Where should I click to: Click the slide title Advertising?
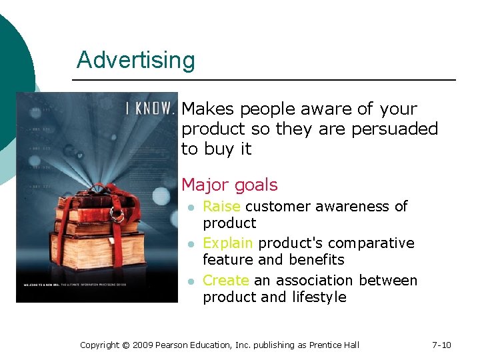[x=135, y=60]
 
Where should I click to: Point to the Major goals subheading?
[x=229, y=185]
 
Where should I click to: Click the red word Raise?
[x=221, y=207]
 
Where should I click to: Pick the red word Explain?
[x=228, y=243]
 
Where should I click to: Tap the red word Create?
[x=225, y=281]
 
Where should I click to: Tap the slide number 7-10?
[x=441, y=345]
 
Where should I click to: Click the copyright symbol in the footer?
[x=126, y=345]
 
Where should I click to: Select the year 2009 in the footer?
[x=143, y=345]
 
